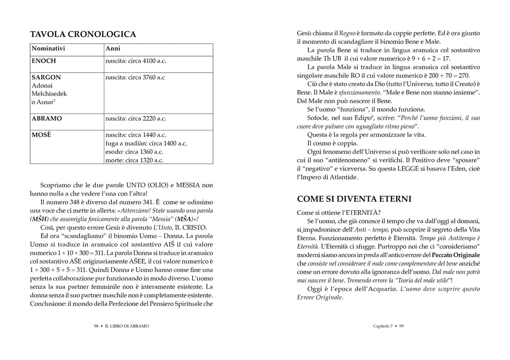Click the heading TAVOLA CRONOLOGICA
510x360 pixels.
tap(83, 34)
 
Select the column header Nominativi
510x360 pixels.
tap(48, 49)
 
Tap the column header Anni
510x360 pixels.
tap(113, 49)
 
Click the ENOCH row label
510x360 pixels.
tap(44, 61)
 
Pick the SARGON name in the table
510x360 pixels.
tap(46, 77)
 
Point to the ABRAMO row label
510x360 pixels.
tap(47, 119)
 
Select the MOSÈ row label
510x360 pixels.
tap(42, 135)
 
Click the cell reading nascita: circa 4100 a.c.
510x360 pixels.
tap(136, 61)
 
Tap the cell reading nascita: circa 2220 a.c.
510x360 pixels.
tap(136, 119)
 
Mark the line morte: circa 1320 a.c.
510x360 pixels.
tap(135, 161)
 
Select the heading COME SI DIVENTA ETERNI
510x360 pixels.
tap(354, 199)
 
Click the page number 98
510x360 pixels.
tap(96, 326)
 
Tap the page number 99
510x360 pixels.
tap(401, 326)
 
